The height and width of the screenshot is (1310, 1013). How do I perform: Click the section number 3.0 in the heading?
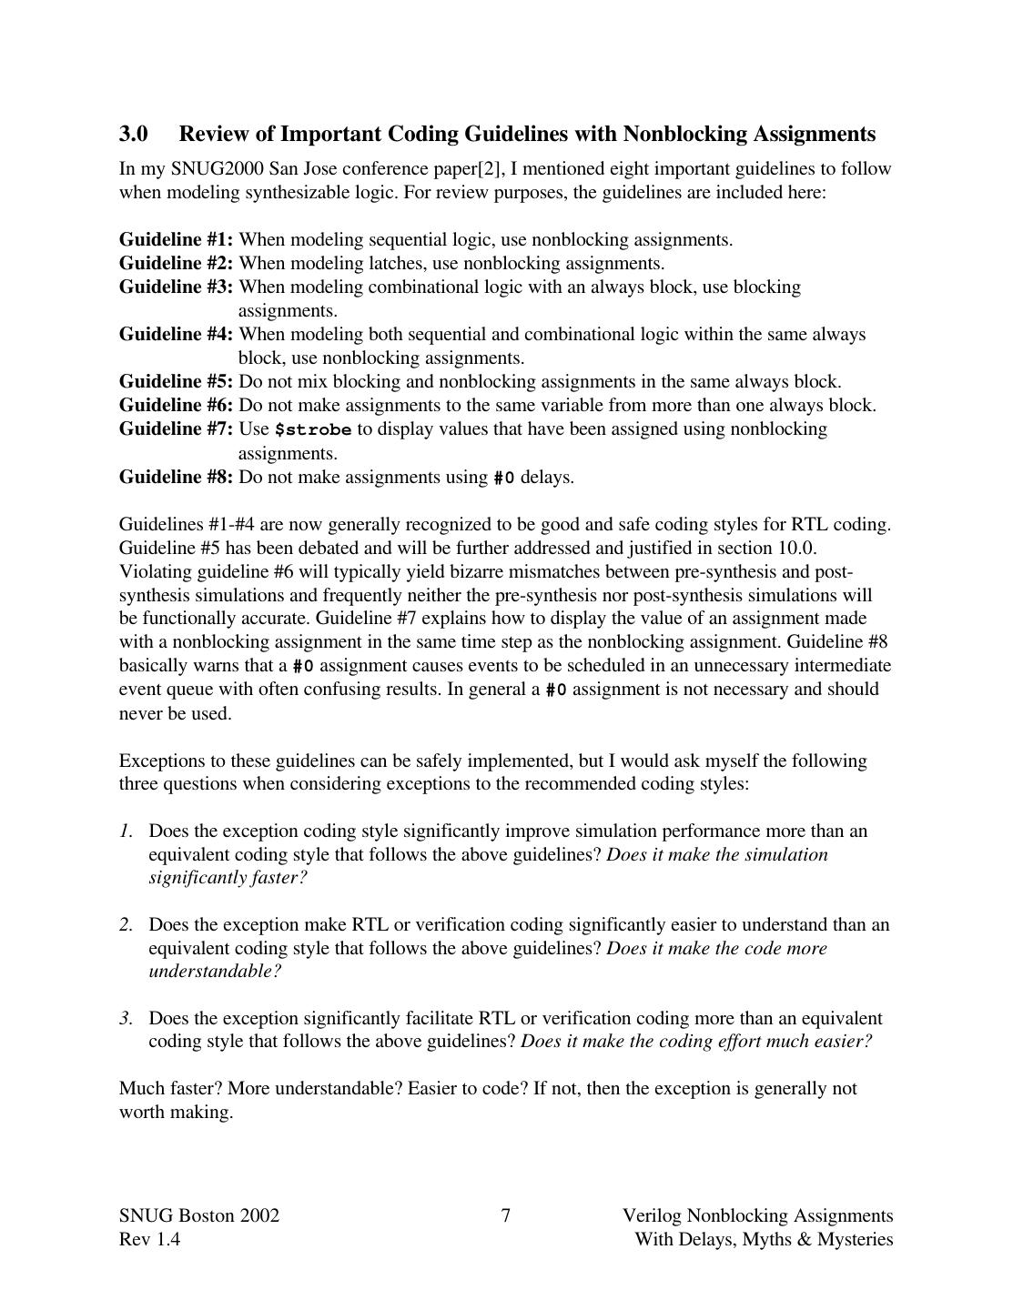point(133,134)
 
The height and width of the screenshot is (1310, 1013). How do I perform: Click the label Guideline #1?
point(176,240)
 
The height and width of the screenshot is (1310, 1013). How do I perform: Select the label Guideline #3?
point(176,287)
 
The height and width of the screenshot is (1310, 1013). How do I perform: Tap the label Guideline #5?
point(176,382)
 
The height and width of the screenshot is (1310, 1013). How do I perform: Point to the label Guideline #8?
point(176,478)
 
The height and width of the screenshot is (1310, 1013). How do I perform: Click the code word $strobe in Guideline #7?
point(312,430)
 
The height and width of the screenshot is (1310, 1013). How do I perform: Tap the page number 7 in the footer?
point(506,1216)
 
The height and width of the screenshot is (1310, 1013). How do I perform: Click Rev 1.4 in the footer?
point(149,1240)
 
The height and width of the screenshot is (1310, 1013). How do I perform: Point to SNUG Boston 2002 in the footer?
point(198,1216)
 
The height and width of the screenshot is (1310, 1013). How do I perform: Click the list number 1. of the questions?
point(126,831)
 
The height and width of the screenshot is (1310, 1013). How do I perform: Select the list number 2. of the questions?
point(126,925)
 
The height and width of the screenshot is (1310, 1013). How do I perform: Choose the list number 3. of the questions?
point(126,1019)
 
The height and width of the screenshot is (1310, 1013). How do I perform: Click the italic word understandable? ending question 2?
point(215,972)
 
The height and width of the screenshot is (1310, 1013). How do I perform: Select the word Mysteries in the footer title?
point(855,1240)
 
